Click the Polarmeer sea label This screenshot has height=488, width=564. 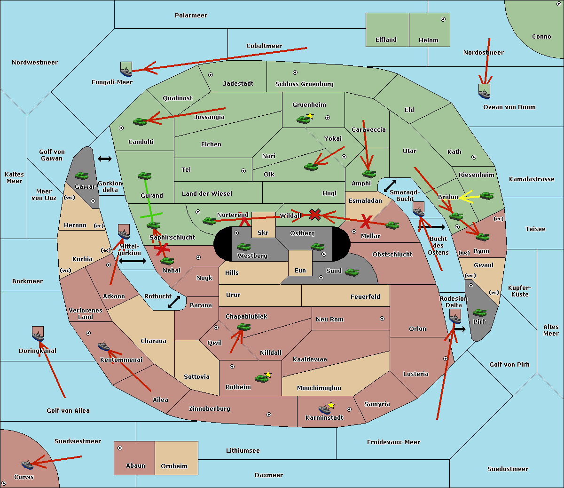[x=191, y=16]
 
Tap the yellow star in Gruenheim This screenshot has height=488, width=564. [x=310, y=116]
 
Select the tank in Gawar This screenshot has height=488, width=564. [x=81, y=176]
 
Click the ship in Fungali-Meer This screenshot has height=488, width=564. [x=126, y=72]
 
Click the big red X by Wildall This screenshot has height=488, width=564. [x=315, y=215]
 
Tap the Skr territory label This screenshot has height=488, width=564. [x=263, y=232]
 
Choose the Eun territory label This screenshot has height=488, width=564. [x=300, y=270]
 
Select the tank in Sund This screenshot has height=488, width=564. [x=352, y=272]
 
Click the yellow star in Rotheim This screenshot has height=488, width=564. [x=268, y=374]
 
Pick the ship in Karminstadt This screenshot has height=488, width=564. [x=324, y=409]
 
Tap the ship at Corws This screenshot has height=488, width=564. [x=28, y=465]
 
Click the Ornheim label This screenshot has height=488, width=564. [x=174, y=466]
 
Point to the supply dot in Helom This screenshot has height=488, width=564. [x=443, y=19]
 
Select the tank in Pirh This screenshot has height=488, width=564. [x=479, y=312]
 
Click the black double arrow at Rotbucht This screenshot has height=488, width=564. [x=174, y=302]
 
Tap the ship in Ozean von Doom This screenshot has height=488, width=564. [x=484, y=94]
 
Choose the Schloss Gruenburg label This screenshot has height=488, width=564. [x=305, y=84]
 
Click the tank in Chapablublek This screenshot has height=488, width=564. [x=243, y=327]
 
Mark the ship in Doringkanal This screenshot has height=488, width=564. [x=38, y=336]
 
